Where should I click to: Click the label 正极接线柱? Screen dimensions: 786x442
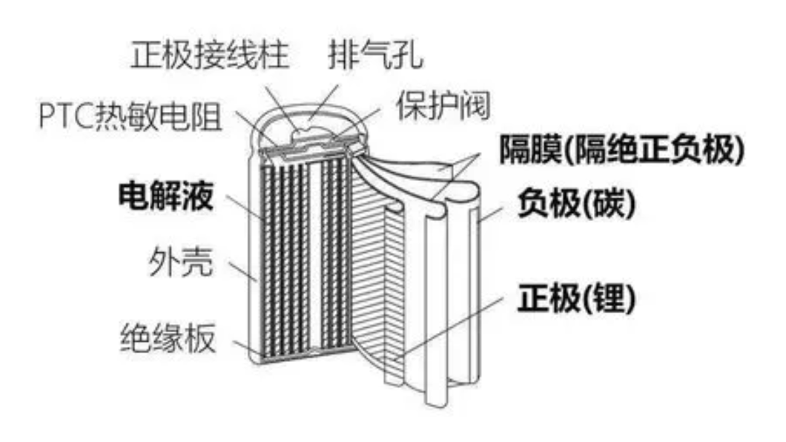[210, 55]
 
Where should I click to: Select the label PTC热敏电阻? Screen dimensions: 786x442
[130, 116]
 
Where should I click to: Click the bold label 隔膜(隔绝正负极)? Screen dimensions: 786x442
[622, 149]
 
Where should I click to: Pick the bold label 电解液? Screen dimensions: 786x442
[166, 196]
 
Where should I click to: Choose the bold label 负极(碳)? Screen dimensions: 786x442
[576, 204]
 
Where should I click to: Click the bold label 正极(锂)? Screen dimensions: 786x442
[576, 298]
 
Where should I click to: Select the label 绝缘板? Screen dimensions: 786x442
[168, 338]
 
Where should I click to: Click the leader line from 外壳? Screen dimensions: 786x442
[244, 271]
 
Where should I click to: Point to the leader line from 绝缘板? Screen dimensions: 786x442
[249, 350]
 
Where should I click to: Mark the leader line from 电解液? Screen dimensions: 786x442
[244, 207]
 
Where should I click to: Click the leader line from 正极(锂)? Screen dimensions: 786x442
[448, 328]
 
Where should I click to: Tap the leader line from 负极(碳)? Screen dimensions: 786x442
[491, 214]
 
